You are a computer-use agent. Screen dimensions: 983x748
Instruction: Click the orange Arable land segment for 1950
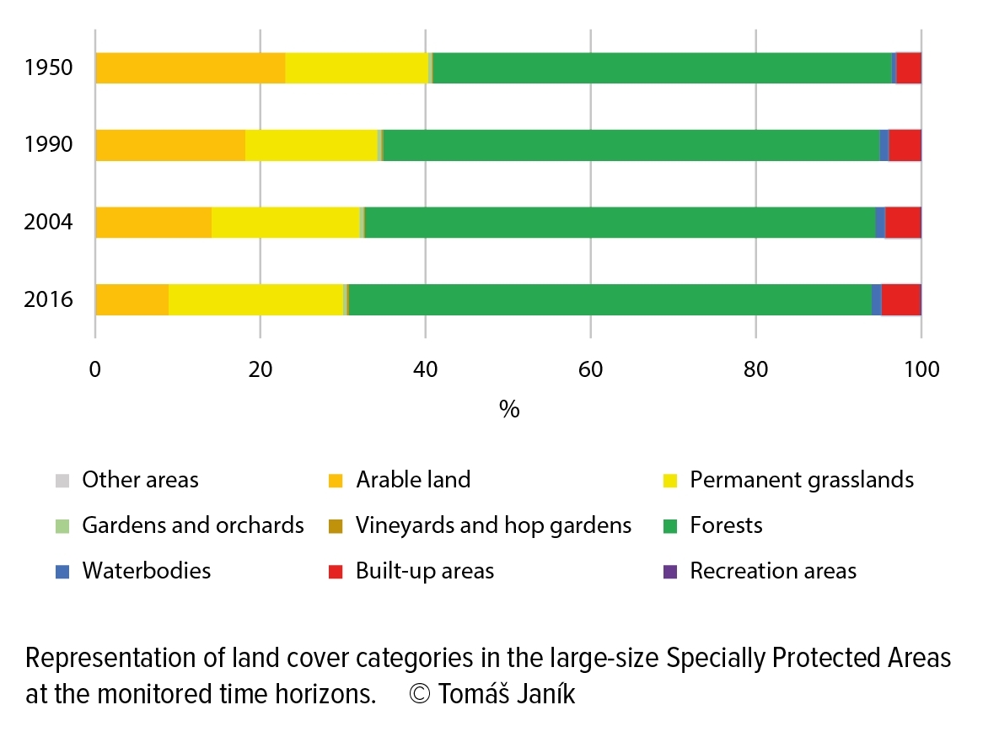click(191, 67)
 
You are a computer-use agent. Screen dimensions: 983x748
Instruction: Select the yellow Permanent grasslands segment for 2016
click(255, 299)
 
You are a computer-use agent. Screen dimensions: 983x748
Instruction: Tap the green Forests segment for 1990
click(631, 145)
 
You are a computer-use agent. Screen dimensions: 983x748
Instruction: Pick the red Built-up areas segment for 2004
click(903, 223)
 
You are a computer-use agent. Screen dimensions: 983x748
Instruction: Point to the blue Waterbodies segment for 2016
click(877, 299)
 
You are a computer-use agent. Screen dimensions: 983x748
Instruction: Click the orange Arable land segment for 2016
click(132, 299)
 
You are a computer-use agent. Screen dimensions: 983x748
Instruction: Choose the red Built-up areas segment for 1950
click(909, 67)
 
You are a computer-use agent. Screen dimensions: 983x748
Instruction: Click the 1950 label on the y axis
click(48, 67)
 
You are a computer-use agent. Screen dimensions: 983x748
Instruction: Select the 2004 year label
click(48, 222)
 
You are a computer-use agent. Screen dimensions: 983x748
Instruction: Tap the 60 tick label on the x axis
click(590, 369)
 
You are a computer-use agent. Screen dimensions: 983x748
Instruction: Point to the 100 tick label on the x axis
click(921, 369)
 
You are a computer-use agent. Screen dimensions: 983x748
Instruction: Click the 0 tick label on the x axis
click(95, 369)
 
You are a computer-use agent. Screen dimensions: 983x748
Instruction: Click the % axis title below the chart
click(509, 410)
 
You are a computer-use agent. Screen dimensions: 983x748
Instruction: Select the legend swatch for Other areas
click(62, 481)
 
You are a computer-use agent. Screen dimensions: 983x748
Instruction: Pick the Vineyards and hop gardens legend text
click(493, 525)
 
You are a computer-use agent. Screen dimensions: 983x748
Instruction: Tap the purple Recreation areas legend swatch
click(670, 572)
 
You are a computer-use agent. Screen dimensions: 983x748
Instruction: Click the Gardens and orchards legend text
click(193, 525)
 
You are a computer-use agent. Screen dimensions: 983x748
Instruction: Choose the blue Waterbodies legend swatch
click(62, 572)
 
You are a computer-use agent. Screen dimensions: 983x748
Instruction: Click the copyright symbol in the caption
click(419, 694)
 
